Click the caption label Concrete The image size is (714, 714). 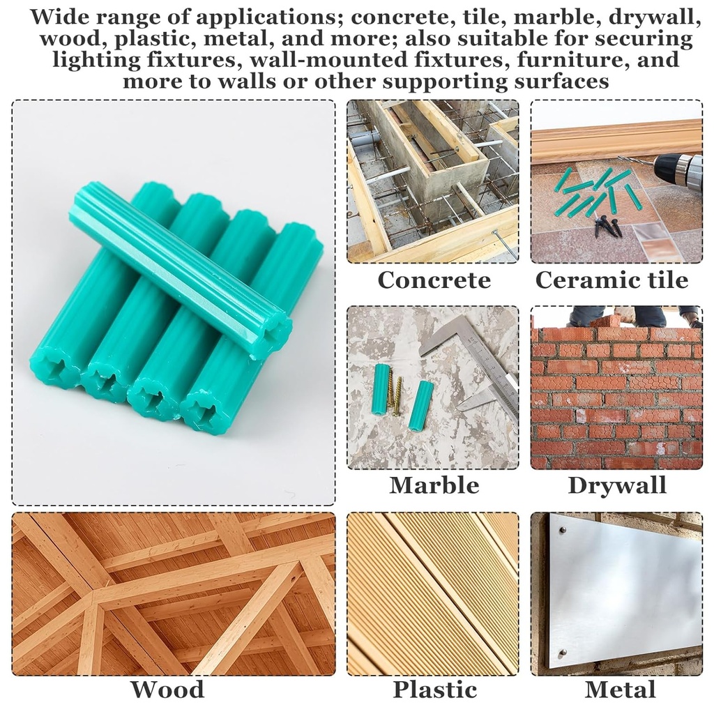click(434, 280)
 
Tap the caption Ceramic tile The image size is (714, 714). click(612, 280)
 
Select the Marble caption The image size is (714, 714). click(434, 485)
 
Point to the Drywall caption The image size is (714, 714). click(617, 485)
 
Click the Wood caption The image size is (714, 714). click(167, 690)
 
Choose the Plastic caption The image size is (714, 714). click(434, 690)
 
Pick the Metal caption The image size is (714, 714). click(620, 690)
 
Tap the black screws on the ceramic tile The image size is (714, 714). click(607, 225)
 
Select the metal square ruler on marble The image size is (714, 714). click(481, 363)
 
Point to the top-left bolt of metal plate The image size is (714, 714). click(561, 531)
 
